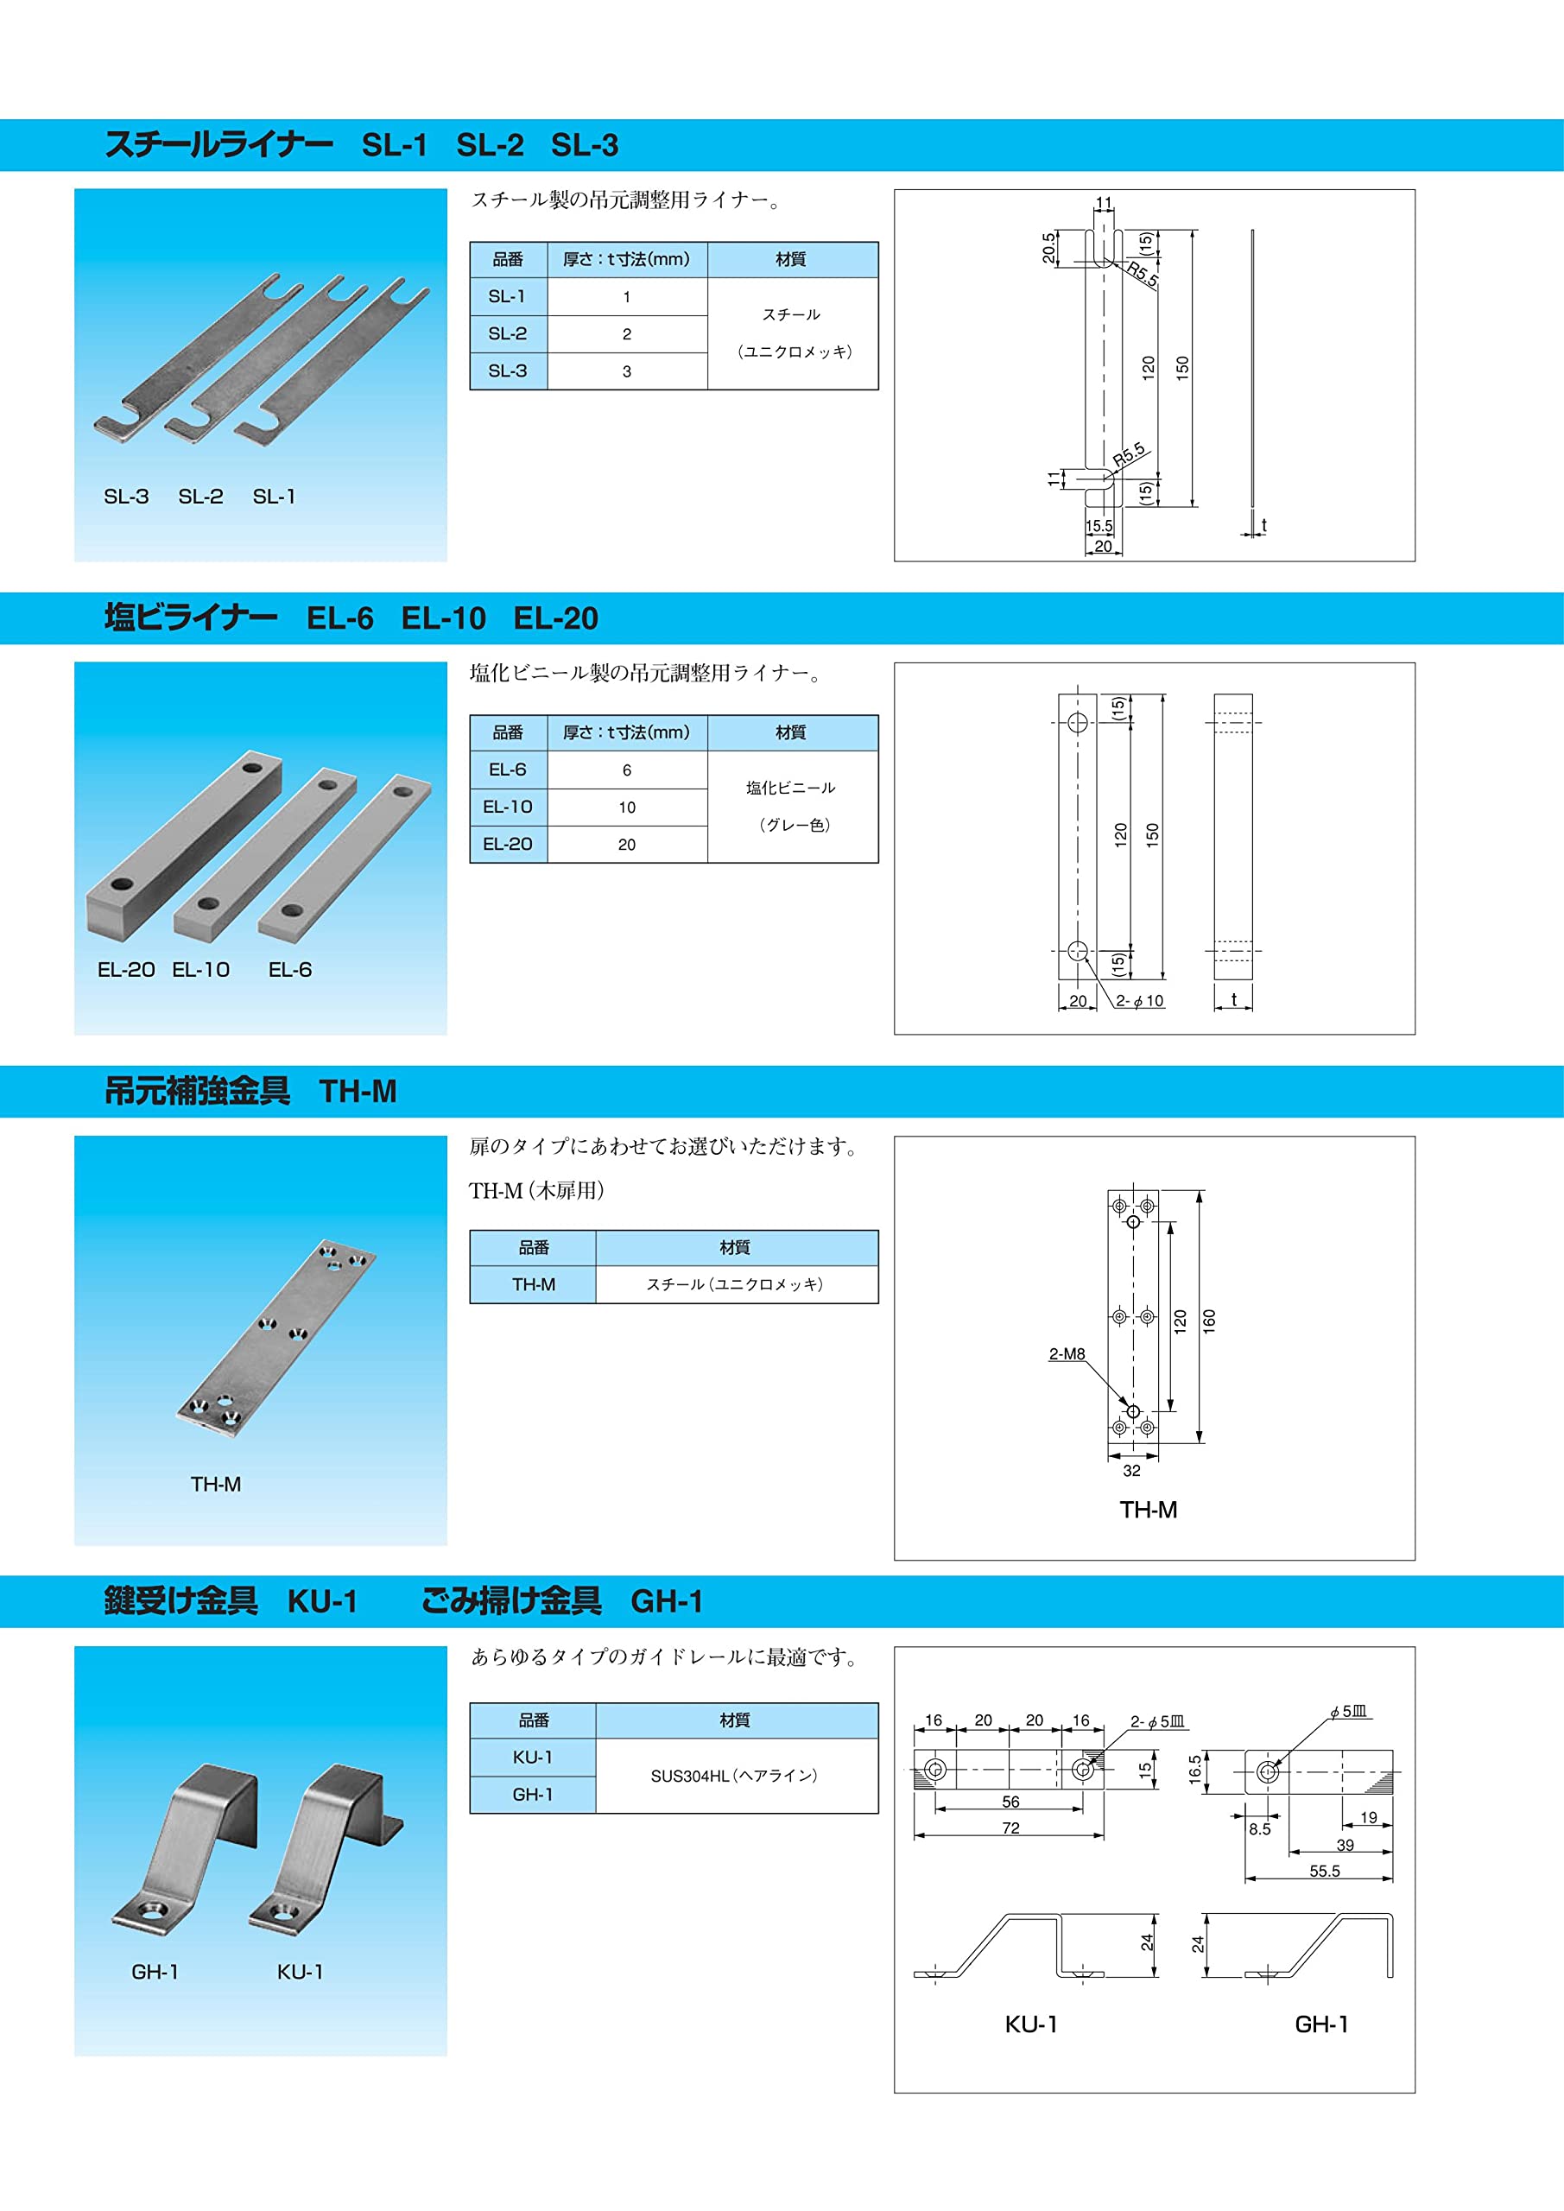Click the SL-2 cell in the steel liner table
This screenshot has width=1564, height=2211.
coord(508,334)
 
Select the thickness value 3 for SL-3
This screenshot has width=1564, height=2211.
coord(627,371)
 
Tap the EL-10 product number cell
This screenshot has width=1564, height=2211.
coord(508,807)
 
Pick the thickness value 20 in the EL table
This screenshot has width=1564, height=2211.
coord(627,845)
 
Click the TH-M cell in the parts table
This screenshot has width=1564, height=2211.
coord(533,1284)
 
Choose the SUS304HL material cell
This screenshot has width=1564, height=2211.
coord(734,1776)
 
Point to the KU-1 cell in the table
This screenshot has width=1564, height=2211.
coord(533,1758)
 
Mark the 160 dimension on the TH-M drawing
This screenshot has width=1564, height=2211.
coord(1210,1321)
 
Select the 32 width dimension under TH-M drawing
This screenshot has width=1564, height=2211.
coord(1131,1471)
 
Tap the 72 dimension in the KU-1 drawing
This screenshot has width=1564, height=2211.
coord(1010,1828)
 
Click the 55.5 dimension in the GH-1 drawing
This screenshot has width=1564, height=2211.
coord(1324,1871)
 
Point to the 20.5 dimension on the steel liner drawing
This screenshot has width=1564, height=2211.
coord(1048,249)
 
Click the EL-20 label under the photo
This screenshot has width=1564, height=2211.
coord(126,970)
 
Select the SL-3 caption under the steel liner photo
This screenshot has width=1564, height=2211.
coord(126,497)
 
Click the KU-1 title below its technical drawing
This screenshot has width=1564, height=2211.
coord(1031,2024)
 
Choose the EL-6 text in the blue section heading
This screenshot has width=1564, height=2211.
coord(340,618)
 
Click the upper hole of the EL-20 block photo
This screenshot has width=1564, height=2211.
coord(252,769)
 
